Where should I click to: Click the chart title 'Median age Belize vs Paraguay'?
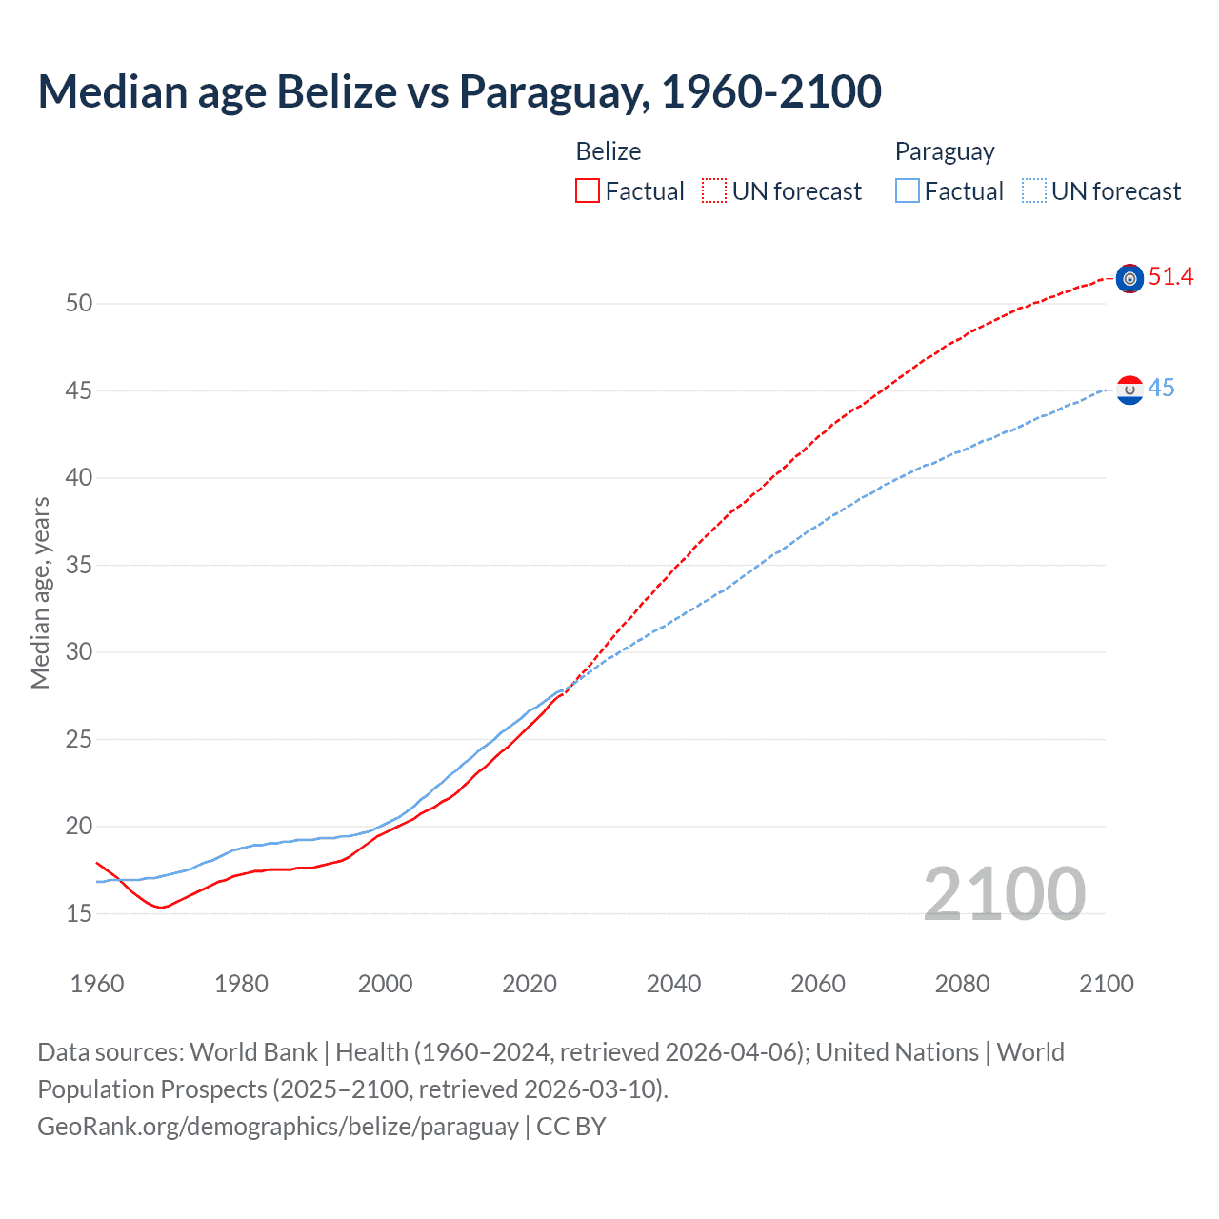click(x=459, y=92)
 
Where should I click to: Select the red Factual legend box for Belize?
click(x=588, y=191)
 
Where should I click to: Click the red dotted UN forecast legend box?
click(x=714, y=191)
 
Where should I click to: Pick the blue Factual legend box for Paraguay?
click(x=908, y=191)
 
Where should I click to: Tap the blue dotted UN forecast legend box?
click(x=1034, y=191)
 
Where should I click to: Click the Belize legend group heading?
click(x=609, y=151)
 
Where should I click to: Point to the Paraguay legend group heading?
click(x=945, y=151)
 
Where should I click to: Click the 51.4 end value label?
click(x=1170, y=277)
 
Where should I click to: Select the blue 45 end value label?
click(x=1161, y=389)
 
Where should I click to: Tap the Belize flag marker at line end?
click(x=1129, y=279)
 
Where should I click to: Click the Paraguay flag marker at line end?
click(x=1129, y=390)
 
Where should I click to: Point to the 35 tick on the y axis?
click(x=79, y=566)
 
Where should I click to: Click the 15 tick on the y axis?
click(x=79, y=914)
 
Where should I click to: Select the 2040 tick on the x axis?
click(x=673, y=984)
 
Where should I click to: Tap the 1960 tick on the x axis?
click(x=97, y=984)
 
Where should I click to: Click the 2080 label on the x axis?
click(x=962, y=984)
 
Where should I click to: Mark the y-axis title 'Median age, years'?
click(x=40, y=592)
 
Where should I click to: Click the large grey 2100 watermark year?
click(x=1004, y=894)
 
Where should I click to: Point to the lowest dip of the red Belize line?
click(x=161, y=908)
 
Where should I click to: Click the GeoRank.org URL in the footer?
click(x=278, y=1127)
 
